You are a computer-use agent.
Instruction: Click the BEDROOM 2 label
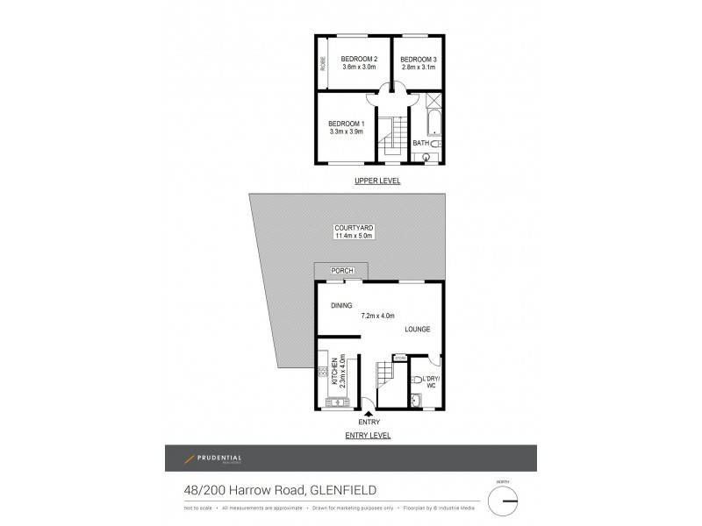(359, 58)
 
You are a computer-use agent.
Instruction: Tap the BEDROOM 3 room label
(420, 58)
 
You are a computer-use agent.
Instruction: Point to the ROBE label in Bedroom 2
(323, 63)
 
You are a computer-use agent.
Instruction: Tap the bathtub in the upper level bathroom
(432, 124)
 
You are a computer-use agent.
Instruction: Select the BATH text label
(420, 143)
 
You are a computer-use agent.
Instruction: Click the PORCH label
(341, 272)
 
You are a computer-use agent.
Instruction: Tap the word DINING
(341, 306)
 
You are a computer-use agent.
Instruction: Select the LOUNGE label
(417, 330)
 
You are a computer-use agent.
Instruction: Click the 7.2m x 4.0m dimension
(377, 316)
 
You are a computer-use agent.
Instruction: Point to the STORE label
(400, 358)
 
